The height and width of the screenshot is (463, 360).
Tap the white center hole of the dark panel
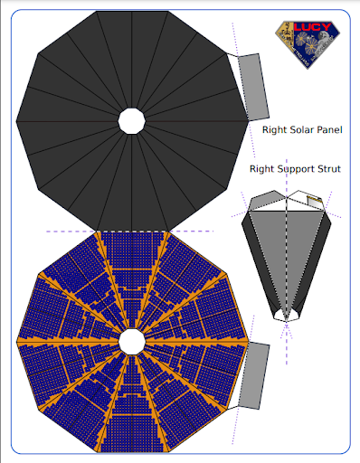click(x=132, y=120)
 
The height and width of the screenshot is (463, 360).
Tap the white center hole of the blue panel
click(x=132, y=341)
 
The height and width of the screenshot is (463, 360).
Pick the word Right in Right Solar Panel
click(x=274, y=129)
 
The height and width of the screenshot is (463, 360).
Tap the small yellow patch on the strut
click(x=315, y=199)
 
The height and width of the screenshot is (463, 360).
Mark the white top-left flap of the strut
click(x=263, y=199)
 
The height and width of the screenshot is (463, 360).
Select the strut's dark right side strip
click(x=314, y=262)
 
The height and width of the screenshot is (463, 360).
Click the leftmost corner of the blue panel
click(x=16, y=341)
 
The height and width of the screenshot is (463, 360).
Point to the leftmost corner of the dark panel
click(x=16, y=120)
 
